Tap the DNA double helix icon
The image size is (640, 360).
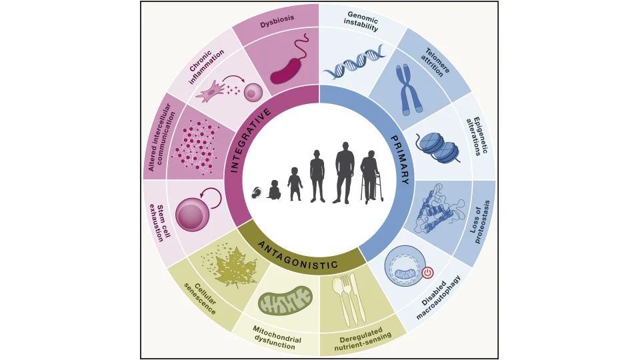(x=353, y=62)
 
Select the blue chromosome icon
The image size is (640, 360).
(x=409, y=89)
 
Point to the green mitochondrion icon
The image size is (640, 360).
(x=285, y=301)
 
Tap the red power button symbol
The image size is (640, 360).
(x=427, y=272)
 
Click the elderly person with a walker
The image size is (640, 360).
(x=371, y=177)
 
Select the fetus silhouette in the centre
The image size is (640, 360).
(x=257, y=193)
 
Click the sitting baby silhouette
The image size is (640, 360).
(x=274, y=190)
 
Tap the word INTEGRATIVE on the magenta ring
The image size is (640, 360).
(x=250, y=140)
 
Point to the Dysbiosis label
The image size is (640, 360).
(x=277, y=21)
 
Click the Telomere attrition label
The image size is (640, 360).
(x=435, y=63)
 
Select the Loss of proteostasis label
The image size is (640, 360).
(x=479, y=221)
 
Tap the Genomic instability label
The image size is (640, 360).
(x=361, y=21)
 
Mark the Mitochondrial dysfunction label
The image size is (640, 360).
(x=276, y=337)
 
